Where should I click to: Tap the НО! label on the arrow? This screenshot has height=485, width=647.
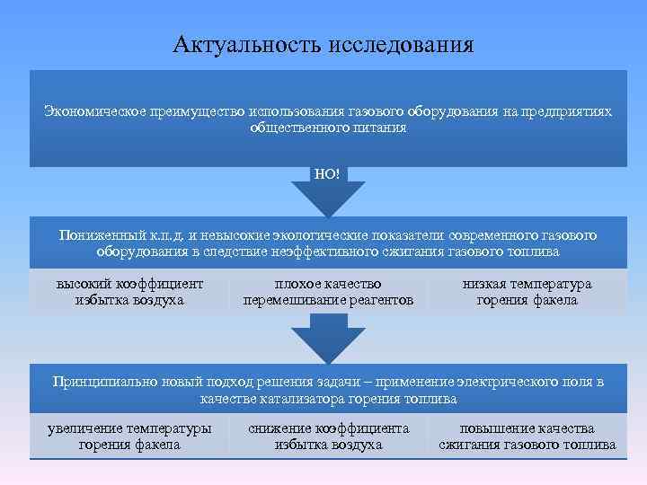[x=328, y=173]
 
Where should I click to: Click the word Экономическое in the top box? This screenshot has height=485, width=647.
[x=93, y=111]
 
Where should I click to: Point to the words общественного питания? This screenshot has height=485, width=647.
[x=328, y=128]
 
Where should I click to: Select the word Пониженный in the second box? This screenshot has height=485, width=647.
[x=96, y=234]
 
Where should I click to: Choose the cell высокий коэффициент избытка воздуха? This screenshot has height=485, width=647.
[x=130, y=292]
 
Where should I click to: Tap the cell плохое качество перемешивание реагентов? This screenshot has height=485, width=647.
[x=329, y=292]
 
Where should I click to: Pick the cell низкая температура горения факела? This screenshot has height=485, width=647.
[x=527, y=292]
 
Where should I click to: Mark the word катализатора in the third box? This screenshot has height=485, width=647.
[x=299, y=398]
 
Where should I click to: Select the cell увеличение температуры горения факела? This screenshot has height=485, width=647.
[x=129, y=436]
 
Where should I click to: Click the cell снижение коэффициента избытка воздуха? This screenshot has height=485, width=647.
[x=329, y=436]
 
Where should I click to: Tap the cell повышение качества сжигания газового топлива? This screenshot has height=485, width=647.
[x=527, y=436]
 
